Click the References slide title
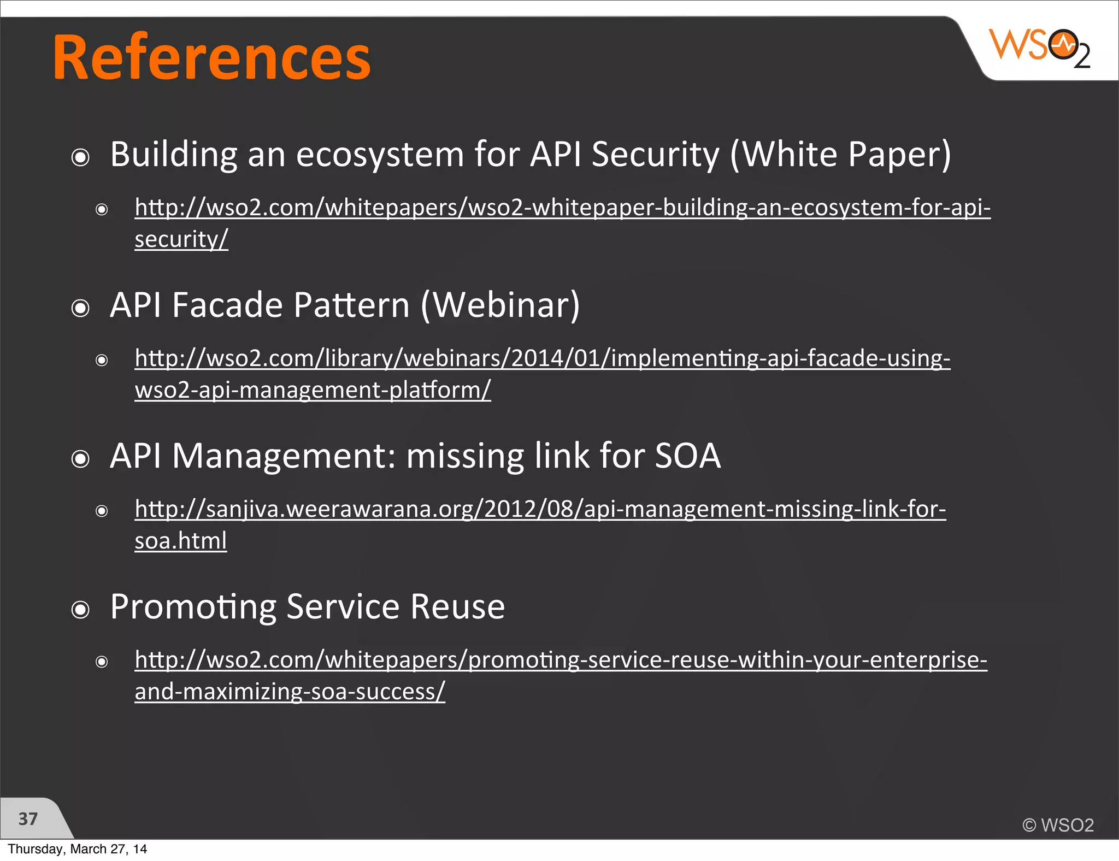[211, 58]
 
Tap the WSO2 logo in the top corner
[1039, 48]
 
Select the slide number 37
[28, 819]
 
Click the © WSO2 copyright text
[1058, 825]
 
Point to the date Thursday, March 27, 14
[77, 849]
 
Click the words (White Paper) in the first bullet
[840, 155]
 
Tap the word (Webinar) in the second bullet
[500, 305]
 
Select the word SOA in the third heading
[687, 456]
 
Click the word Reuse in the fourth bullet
[457, 606]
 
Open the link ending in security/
[181, 239]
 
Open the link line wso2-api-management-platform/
[313, 390]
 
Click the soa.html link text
[181, 541]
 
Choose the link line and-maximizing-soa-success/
[290, 692]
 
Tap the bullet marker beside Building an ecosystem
[80, 158]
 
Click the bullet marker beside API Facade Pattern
[80, 309]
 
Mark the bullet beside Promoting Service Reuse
[80, 610]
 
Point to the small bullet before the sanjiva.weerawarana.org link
[102, 511]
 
